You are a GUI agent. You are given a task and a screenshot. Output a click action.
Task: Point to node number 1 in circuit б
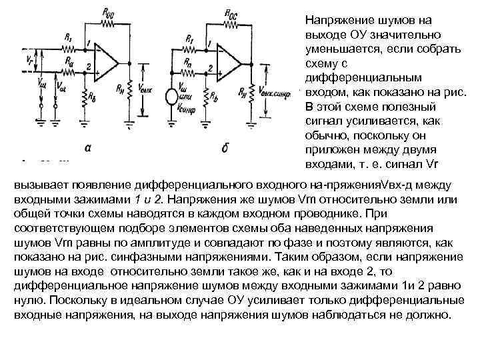point(209,45)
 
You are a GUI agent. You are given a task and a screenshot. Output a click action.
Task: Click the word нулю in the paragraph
point(29,301)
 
